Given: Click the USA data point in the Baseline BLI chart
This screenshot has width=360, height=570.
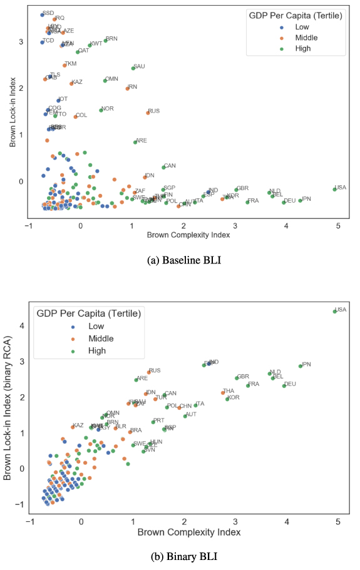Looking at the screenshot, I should click(334, 189).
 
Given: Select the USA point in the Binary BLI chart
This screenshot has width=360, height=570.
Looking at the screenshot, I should click(334, 311).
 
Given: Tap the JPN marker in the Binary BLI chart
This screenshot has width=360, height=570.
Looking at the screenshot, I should click(301, 366).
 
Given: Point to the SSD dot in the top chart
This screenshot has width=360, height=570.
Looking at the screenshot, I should click(42, 14).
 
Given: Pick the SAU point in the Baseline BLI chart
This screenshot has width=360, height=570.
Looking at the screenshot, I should click(133, 68).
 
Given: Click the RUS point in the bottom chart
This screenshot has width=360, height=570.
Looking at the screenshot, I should click(148, 372).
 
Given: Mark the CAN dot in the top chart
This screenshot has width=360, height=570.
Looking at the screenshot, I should click(163, 167).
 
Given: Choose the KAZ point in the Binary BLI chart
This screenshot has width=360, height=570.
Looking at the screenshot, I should click(73, 427).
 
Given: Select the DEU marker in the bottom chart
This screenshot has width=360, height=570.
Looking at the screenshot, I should click(284, 386).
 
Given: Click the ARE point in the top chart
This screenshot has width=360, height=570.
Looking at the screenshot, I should click(135, 142).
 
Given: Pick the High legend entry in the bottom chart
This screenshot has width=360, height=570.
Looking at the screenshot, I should click(87, 350).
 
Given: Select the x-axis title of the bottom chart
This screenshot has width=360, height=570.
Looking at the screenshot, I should click(188, 532).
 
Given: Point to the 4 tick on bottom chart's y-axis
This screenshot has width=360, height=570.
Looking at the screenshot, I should click(21, 325).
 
